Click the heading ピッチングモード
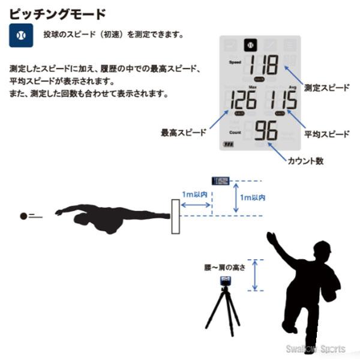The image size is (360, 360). [x=58, y=13]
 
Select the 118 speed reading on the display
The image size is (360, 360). [x=264, y=65]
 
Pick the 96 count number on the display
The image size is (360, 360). [x=265, y=131]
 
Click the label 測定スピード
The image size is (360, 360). [x=326, y=87]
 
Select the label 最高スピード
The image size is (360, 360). [x=183, y=132]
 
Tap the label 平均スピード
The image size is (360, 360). [x=326, y=134]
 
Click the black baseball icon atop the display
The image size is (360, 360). [x=250, y=44]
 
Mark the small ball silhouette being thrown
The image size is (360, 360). [x=24, y=215]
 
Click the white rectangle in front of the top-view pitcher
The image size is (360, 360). [x=176, y=217]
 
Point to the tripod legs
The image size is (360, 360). [x=223, y=312]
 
